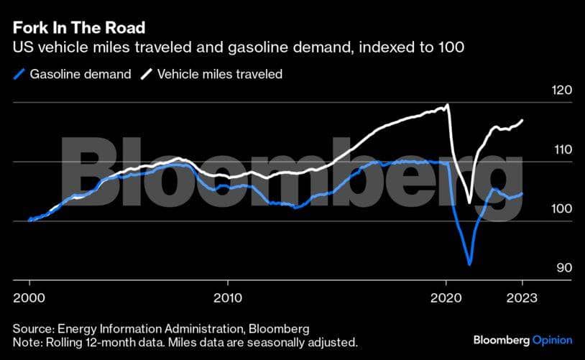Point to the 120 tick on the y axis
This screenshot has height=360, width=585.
click(x=541, y=91)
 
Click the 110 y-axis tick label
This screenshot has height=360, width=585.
click(x=541, y=150)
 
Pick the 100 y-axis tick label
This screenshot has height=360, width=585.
click(x=541, y=209)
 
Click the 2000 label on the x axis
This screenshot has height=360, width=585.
click(x=29, y=297)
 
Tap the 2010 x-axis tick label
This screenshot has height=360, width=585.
click(x=228, y=297)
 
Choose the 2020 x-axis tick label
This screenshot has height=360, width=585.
click(x=446, y=297)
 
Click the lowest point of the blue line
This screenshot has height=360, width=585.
click(x=469, y=264)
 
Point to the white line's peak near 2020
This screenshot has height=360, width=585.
click(x=448, y=105)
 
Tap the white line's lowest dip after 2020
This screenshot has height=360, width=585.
click(x=469, y=203)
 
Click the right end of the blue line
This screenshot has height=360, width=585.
click(x=522, y=193)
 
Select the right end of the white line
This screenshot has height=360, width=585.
click(x=522, y=119)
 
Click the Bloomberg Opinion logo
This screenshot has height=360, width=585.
click(x=522, y=339)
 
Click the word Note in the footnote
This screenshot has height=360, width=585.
click(x=25, y=342)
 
